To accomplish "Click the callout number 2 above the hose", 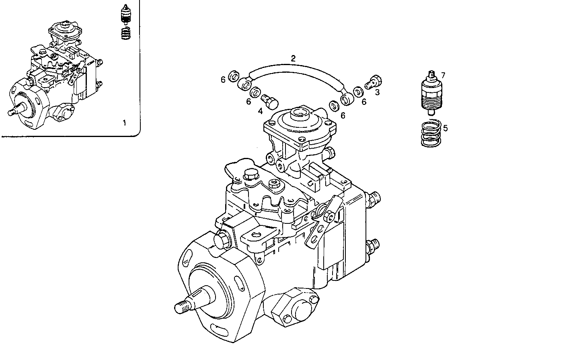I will pyautogui.click(x=293, y=58).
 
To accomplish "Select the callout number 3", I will pyautogui.click(x=377, y=92).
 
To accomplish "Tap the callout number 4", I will pyautogui.click(x=261, y=110).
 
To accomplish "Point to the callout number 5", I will pyautogui.click(x=445, y=128).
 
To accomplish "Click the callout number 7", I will pyautogui.click(x=443, y=75).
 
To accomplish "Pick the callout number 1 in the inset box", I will pyautogui.click(x=124, y=123).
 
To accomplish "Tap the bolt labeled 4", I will pyautogui.click(x=269, y=100).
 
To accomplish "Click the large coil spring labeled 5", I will pyautogui.click(x=432, y=134).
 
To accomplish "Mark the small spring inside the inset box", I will pyautogui.click(x=127, y=33).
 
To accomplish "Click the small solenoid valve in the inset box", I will pyautogui.click(x=127, y=16).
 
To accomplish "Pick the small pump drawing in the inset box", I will pyautogui.click(x=56, y=76).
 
